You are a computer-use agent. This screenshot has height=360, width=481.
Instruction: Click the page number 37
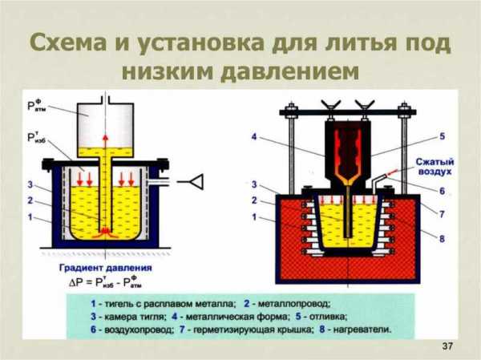[x=447, y=346]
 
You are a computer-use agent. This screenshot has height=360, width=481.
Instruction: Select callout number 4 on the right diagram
[x=256, y=137]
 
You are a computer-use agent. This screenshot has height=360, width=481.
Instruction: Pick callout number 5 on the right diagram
[x=443, y=137]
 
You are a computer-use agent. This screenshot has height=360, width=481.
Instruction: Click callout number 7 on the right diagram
[x=443, y=215]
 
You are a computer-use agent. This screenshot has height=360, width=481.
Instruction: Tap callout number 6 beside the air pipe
[x=443, y=192]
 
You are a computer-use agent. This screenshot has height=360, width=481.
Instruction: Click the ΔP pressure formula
[x=107, y=283]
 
